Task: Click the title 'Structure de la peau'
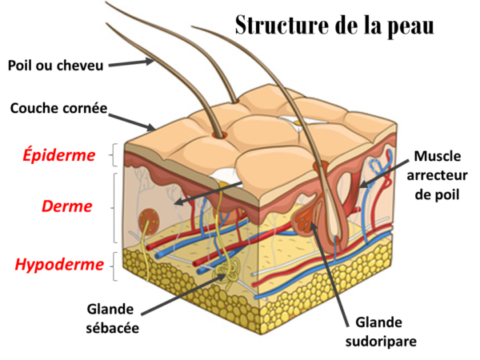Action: pyautogui.click(x=334, y=26)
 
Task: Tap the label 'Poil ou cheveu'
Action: pyautogui.click(x=55, y=66)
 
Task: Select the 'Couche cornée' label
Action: pyautogui.click(x=58, y=108)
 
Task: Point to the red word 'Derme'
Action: pyautogui.click(x=66, y=206)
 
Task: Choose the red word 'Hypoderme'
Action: pyautogui.click(x=59, y=264)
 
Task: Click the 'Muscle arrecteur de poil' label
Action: pyautogui.click(x=437, y=175)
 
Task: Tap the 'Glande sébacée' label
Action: pyautogui.click(x=112, y=318)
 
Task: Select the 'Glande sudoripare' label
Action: pyautogui.click(x=381, y=332)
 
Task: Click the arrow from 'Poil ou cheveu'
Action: pyautogui.click(x=131, y=63)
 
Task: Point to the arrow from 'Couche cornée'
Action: pyautogui.click(x=131, y=122)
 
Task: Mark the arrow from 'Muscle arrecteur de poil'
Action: pyautogui.click(x=384, y=174)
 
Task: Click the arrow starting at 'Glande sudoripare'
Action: pyautogui.click(x=329, y=274)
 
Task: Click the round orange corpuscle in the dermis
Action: pyautogui.click(x=149, y=222)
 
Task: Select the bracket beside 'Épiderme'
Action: pyautogui.click(x=114, y=155)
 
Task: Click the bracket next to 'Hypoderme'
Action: pyautogui.click(x=114, y=266)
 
